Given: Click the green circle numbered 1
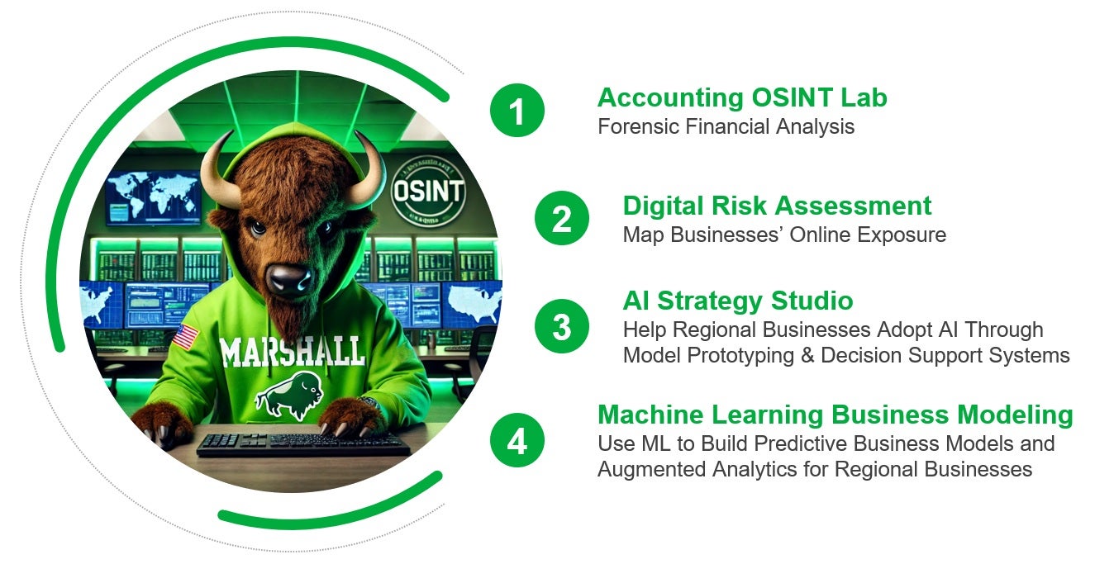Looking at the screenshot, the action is coord(517,111).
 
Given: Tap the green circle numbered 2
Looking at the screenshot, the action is coord(562,218).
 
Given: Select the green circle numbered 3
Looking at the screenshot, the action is coord(562,326).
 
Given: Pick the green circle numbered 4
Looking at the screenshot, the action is coord(517,440).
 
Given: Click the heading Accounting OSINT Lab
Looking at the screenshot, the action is coord(742,97).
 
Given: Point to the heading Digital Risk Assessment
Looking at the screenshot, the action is coord(778,206).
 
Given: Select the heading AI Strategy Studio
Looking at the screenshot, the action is coord(738,301).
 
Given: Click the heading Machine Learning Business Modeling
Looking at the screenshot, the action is coord(836,415).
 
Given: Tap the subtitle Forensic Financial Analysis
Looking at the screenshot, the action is coord(726,126).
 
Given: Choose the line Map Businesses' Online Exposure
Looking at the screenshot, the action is coord(784,235).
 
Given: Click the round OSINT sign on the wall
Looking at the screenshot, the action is coord(428,192).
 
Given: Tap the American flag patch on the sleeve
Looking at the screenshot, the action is coord(186,337).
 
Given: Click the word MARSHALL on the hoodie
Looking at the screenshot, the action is coord(293,352).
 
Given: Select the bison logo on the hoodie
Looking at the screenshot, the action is coord(289,395).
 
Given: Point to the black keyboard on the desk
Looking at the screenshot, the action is coord(303,443).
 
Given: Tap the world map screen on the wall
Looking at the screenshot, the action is coord(153,197).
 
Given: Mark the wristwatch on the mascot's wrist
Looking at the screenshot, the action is coord(370,402).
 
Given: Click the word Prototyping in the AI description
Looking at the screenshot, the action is coord(740,356).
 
